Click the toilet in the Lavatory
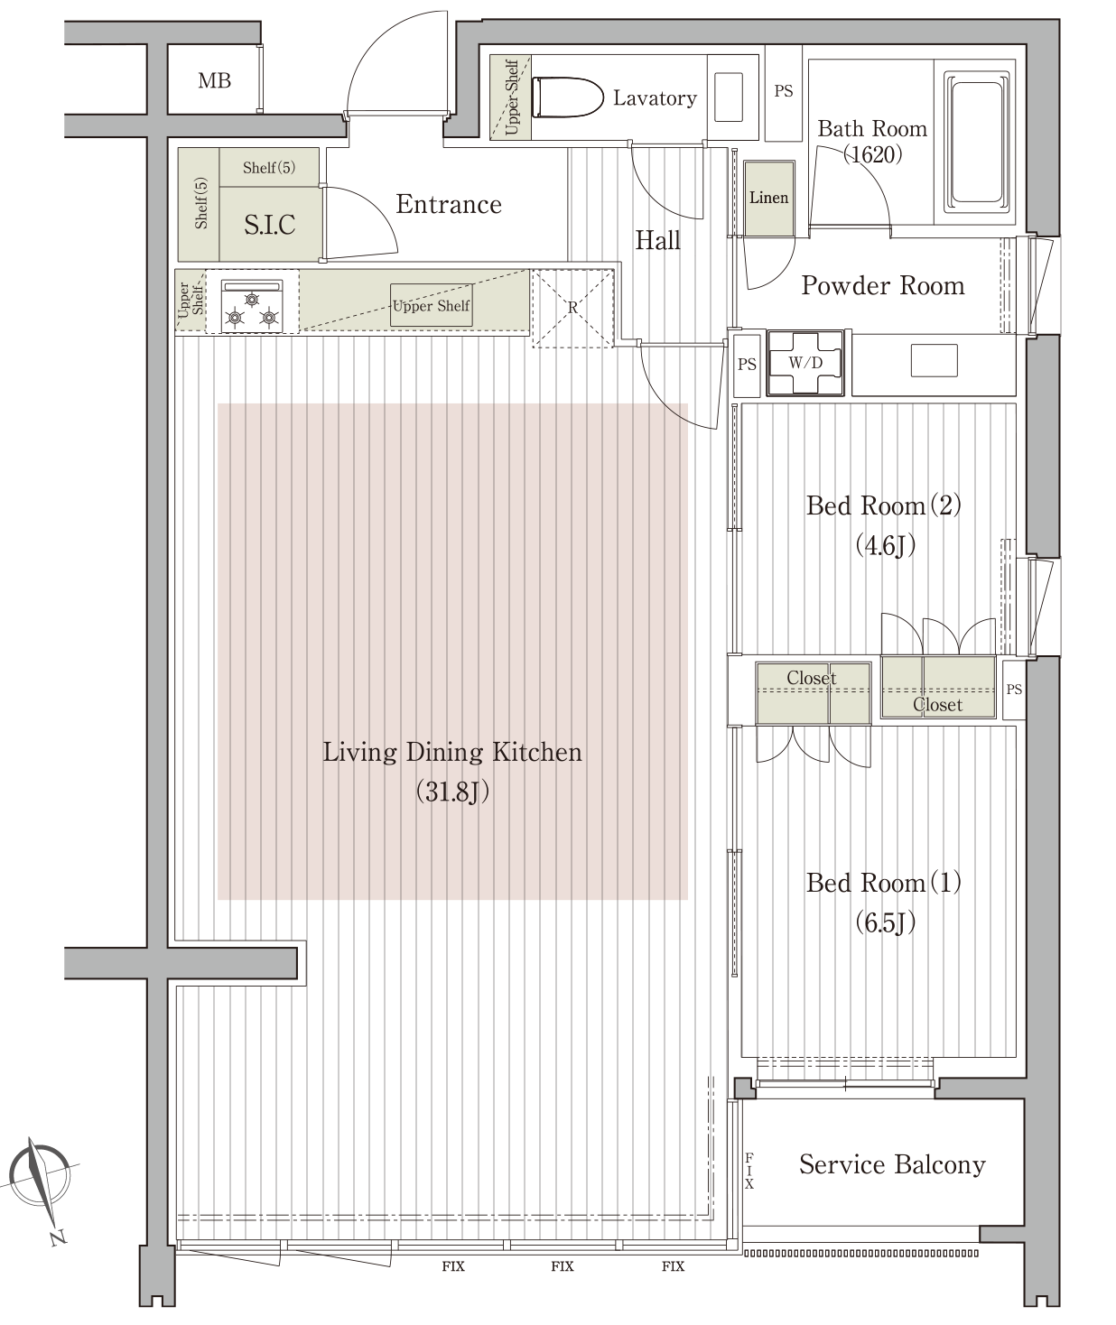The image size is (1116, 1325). (x=567, y=97)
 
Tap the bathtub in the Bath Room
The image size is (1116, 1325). (x=976, y=142)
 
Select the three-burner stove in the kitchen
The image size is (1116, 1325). (x=252, y=306)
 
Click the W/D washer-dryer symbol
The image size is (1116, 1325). (x=804, y=363)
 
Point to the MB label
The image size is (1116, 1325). (x=214, y=80)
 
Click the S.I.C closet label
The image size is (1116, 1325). (x=270, y=225)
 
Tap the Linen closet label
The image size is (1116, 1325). (x=768, y=198)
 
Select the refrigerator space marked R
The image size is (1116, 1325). (x=572, y=308)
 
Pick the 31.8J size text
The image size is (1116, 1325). (x=452, y=792)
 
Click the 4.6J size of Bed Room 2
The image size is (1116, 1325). (x=885, y=545)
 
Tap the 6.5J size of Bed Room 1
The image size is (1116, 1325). (x=885, y=922)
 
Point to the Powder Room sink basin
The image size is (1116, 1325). (x=934, y=360)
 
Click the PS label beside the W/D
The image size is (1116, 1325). (x=747, y=365)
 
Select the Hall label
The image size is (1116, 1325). (x=657, y=240)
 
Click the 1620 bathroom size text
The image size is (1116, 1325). (x=872, y=154)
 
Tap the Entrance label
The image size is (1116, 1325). (x=449, y=204)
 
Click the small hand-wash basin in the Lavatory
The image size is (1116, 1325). (x=728, y=97)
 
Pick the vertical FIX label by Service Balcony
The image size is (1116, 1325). (x=749, y=1171)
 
